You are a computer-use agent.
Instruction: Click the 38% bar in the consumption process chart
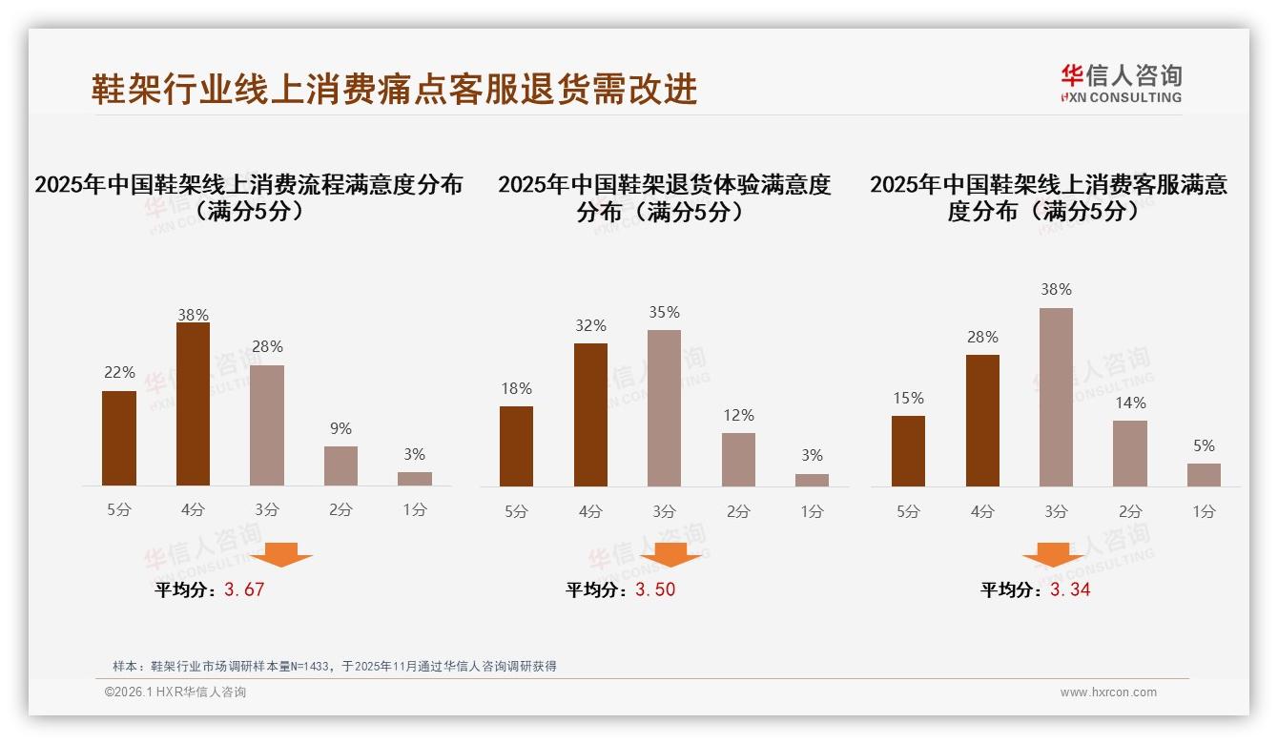tap(193, 404)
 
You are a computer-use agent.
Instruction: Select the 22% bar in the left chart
tap(119, 439)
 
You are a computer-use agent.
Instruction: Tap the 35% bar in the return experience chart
tap(664, 408)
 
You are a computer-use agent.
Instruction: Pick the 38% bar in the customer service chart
tap(1056, 397)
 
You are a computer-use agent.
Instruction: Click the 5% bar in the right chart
tap(1204, 475)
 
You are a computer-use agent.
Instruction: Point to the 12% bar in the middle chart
tap(738, 460)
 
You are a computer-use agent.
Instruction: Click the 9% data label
tap(340, 429)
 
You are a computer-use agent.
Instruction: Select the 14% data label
tap(1130, 403)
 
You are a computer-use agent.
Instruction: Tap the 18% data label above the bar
tap(516, 389)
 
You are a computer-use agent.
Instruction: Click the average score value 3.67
tap(244, 589)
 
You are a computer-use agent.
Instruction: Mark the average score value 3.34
tap(1070, 589)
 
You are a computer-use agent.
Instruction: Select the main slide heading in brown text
tap(394, 89)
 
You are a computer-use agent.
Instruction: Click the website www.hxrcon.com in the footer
tap(1108, 692)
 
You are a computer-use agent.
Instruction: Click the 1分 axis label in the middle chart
tap(812, 512)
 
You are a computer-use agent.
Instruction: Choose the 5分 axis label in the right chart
tap(908, 512)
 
